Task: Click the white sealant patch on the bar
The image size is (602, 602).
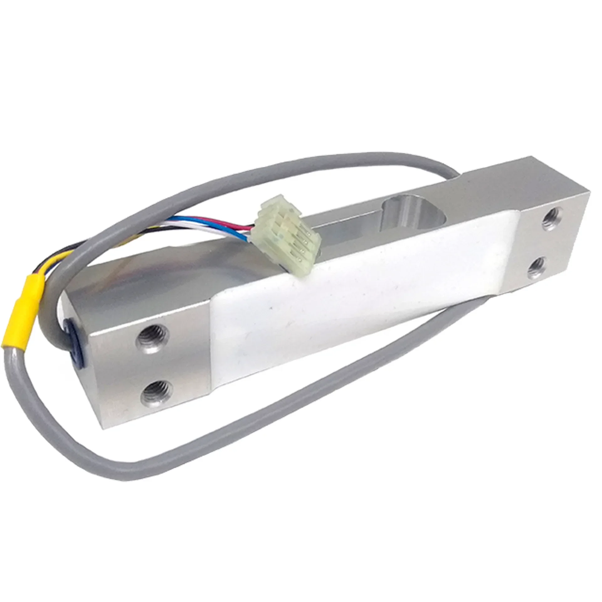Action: [314, 314]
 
